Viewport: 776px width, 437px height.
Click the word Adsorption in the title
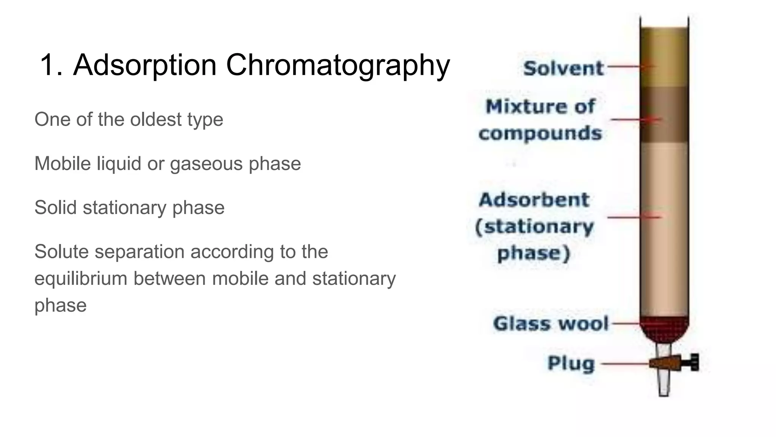coord(145,65)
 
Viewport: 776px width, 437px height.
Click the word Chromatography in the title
coord(338,65)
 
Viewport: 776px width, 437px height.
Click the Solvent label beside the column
coord(563,68)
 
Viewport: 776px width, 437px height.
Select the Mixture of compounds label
coord(540,120)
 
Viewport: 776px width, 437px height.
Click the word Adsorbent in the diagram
coord(534,200)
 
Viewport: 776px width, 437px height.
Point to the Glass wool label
coord(551,324)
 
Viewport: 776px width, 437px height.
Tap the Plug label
coord(571,363)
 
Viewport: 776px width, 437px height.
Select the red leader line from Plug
coord(625,363)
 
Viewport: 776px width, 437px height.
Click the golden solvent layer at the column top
coord(664,57)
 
